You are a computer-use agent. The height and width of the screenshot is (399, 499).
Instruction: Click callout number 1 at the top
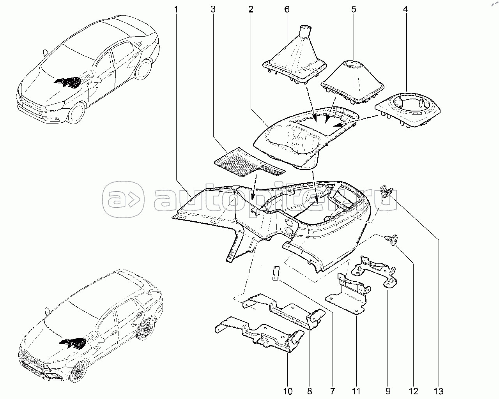click(x=176, y=9)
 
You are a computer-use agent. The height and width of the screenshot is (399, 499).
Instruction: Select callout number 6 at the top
click(x=287, y=9)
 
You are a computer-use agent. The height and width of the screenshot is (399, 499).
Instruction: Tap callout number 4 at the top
click(x=406, y=9)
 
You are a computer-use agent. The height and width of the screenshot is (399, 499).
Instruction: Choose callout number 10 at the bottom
click(x=288, y=391)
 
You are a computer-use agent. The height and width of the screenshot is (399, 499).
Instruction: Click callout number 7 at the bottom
click(x=332, y=391)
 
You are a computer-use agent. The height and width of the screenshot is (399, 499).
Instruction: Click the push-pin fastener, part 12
click(x=391, y=238)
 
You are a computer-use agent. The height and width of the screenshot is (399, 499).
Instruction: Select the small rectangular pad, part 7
click(x=276, y=273)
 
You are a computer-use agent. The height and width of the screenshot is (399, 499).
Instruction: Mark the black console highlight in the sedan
click(x=68, y=82)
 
